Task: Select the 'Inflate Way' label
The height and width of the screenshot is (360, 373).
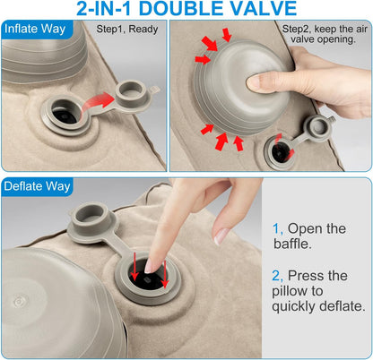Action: (x=35, y=29)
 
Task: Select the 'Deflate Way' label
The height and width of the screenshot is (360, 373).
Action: (x=37, y=186)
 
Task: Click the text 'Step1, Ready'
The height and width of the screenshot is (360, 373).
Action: (x=127, y=30)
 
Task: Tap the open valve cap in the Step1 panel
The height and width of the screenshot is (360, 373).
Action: (x=131, y=93)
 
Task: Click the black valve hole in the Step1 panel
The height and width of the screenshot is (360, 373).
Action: (x=65, y=113)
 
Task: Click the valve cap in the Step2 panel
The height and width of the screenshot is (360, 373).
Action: (x=319, y=128)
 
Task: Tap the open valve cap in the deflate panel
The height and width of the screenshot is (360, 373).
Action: (x=90, y=218)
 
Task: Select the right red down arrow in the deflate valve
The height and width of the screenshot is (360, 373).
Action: (x=165, y=274)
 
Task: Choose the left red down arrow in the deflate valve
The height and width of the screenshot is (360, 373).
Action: (x=134, y=267)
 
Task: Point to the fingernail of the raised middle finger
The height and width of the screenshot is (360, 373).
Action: (x=221, y=236)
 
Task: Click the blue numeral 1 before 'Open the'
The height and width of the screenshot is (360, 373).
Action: (x=277, y=229)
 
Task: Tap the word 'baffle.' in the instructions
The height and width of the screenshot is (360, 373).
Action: (x=292, y=244)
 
